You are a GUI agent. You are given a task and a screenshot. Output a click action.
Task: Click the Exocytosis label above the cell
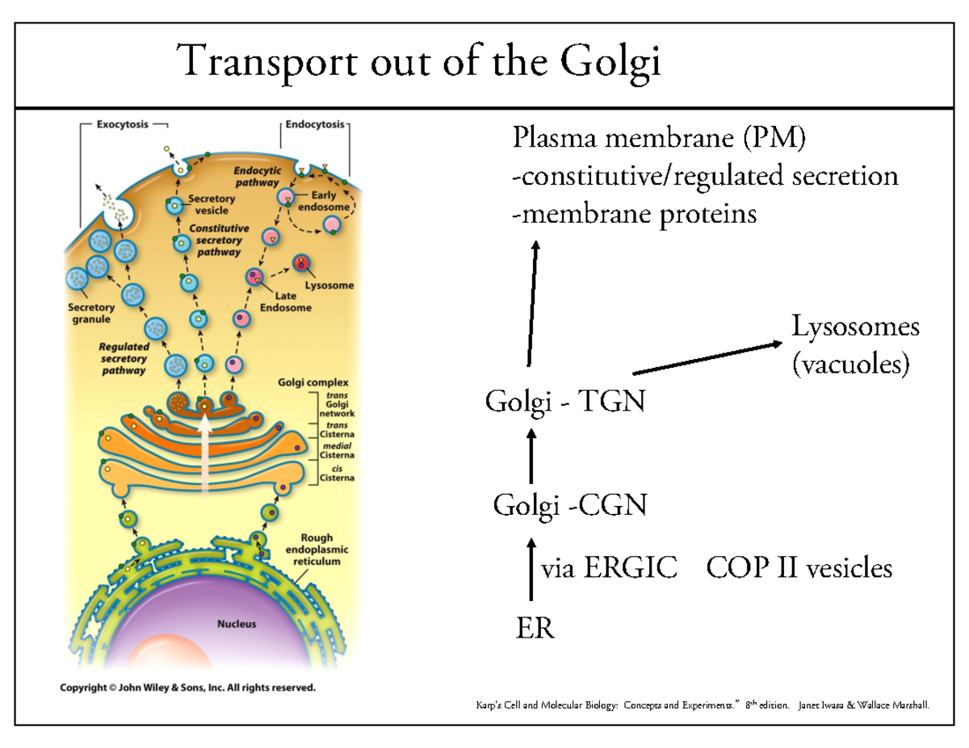coord(122,125)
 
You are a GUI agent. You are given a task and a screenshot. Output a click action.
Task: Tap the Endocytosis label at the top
coord(314,125)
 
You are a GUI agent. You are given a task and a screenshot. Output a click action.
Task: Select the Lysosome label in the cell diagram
coord(329,285)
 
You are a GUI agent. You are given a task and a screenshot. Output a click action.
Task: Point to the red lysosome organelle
coord(302,262)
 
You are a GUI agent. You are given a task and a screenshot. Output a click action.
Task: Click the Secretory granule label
coord(91,312)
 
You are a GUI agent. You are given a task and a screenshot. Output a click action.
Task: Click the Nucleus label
coord(237,624)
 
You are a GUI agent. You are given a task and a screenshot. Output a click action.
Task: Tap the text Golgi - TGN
coord(564,401)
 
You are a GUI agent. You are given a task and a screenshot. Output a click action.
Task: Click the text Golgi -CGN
coord(569,506)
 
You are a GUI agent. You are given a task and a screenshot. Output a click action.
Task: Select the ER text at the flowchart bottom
coord(535,627)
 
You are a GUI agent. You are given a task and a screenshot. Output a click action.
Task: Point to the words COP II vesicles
coord(799,569)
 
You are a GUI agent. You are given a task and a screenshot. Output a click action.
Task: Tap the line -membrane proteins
coord(635,214)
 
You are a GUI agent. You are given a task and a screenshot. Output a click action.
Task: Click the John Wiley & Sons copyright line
coord(188,688)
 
